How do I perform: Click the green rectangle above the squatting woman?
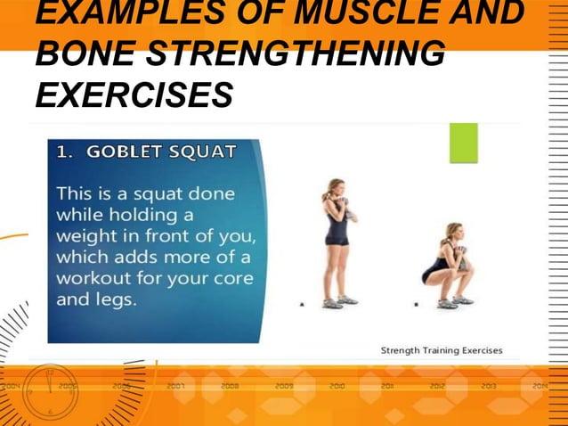click(x=463, y=143)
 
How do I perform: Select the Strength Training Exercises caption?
click(x=441, y=350)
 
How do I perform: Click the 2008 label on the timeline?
click(x=230, y=387)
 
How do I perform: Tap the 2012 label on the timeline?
click(x=437, y=387)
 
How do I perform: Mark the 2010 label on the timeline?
click(x=337, y=387)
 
